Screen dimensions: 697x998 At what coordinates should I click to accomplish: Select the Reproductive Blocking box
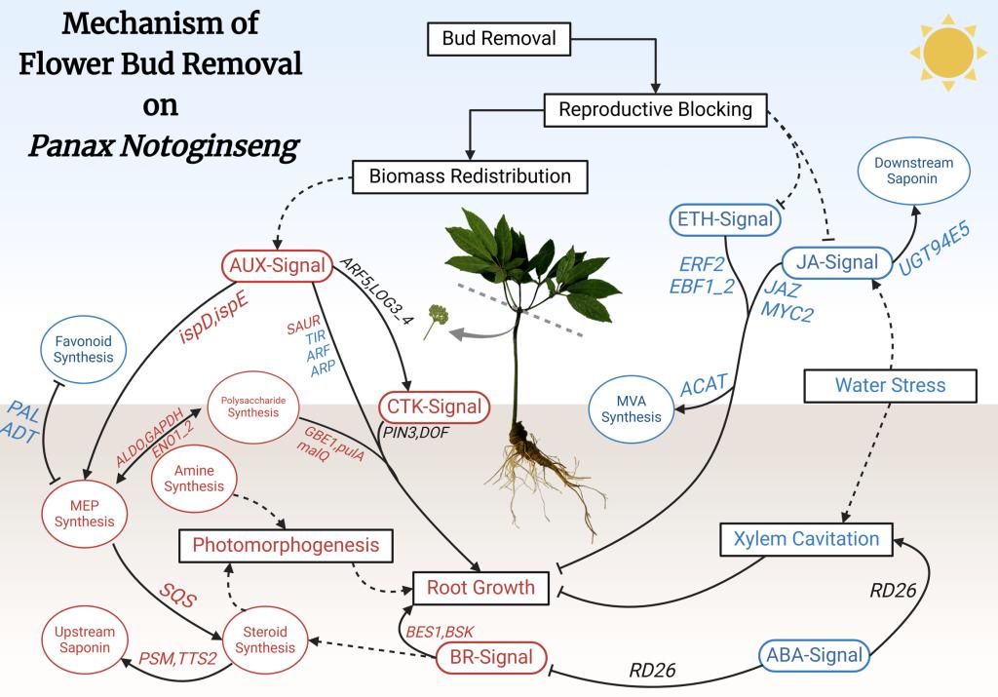[655, 109]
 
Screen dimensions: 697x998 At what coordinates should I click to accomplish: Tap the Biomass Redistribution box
[469, 176]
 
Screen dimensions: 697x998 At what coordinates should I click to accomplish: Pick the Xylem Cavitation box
[806, 537]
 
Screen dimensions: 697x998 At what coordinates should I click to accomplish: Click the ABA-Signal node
[812, 656]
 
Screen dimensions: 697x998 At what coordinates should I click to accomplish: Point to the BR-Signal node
[490, 656]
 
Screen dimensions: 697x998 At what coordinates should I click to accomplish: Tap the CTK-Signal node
[433, 407]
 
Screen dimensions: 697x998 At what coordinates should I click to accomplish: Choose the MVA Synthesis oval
[631, 407]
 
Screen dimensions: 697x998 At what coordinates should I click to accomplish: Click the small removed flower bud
[438, 322]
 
